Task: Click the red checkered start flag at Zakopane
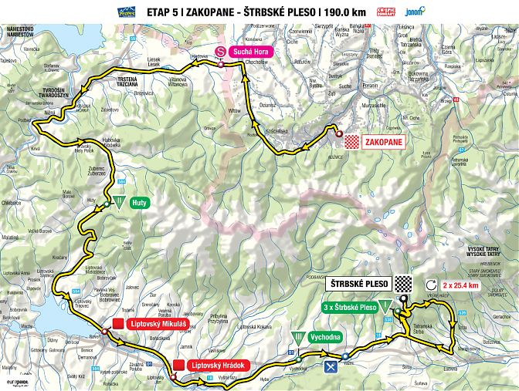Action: (351, 142)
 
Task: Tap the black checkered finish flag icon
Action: (402, 284)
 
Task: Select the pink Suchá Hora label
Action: (252, 52)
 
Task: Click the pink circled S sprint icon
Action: (221, 52)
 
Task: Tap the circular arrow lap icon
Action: (430, 285)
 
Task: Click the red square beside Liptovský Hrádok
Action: (179, 366)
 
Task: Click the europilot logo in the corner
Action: (15, 382)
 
